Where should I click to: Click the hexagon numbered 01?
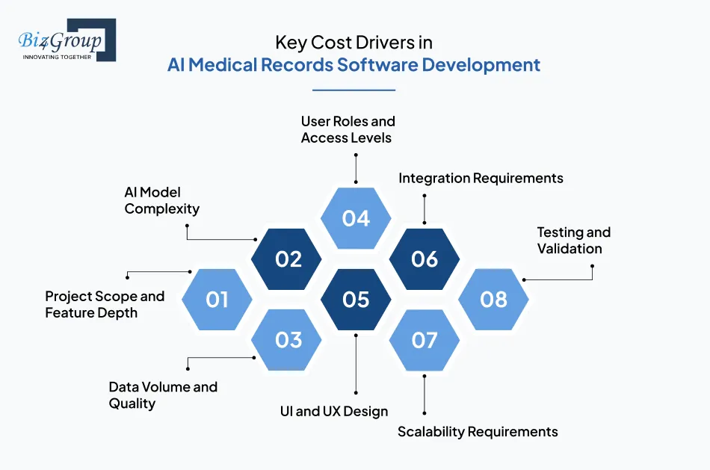(217, 300)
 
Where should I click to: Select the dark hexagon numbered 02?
(287, 259)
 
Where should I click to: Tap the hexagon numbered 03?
(287, 340)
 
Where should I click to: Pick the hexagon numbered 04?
(356, 218)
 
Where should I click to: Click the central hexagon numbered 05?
(356, 300)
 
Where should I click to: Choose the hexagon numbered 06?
(425, 259)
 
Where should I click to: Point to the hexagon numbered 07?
(425, 340)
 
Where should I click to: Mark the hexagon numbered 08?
(493, 300)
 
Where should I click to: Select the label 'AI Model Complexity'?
(161, 201)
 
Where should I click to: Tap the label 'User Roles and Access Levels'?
(348, 129)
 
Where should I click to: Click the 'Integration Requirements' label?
(481, 178)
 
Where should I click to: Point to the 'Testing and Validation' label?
(573, 241)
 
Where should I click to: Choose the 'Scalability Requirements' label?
(478, 432)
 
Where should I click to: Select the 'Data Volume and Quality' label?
(163, 395)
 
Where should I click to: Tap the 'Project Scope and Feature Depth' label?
(105, 304)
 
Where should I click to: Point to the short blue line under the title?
(354, 90)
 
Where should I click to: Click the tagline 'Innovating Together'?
(57, 57)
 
